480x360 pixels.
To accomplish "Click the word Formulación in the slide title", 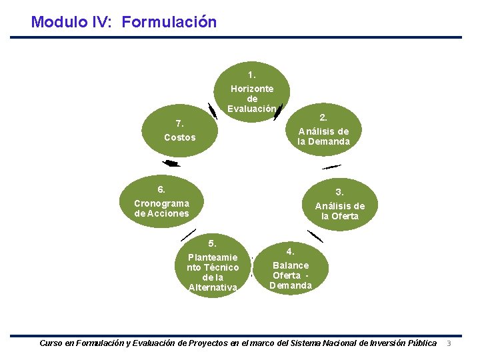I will pos(169,22).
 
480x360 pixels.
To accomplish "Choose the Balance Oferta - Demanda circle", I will pos(291,269).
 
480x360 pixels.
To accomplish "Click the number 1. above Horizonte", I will pos(251,75).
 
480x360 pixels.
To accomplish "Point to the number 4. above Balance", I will pos(291,251).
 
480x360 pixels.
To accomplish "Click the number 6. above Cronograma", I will pos(161,189).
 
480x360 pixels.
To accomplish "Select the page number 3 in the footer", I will pos(449,343).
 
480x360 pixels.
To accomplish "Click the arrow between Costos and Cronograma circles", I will pos(171,163).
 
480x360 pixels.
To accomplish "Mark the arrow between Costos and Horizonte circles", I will pos(212,111).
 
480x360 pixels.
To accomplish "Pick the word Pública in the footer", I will pos(422,343).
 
